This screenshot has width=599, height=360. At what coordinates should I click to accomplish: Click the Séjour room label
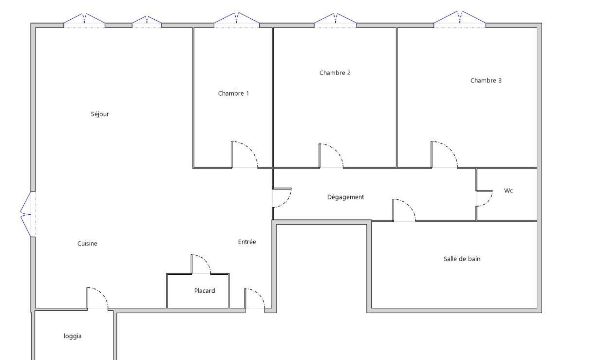(x=100, y=114)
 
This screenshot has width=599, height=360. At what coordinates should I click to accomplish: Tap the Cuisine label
(x=87, y=244)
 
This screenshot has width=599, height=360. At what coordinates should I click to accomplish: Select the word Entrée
(x=247, y=242)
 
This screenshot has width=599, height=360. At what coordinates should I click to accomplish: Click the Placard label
(x=204, y=291)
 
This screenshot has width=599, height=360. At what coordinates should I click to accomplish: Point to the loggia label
(x=73, y=336)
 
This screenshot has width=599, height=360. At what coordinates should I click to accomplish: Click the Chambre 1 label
(x=233, y=93)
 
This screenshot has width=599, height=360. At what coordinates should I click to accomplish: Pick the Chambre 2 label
(x=335, y=73)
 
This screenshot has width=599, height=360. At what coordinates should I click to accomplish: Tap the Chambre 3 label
(x=486, y=80)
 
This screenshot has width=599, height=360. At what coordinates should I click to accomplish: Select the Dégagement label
(x=345, y=197)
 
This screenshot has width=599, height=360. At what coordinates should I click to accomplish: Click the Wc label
(x=508, y=191)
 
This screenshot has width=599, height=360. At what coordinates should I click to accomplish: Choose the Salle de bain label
(x=462, y=259)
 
